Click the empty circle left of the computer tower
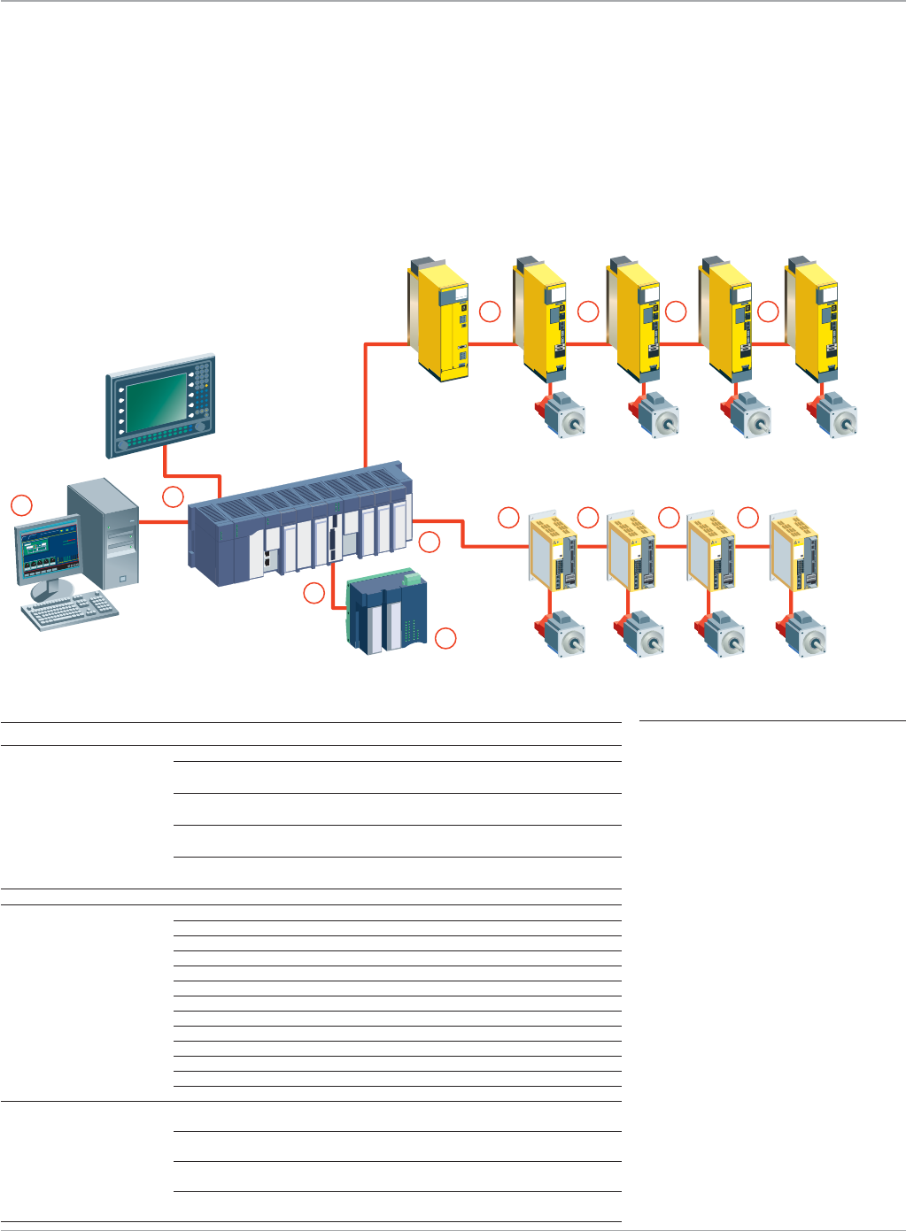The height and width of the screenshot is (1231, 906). pyautogui.click(x=21, y=505)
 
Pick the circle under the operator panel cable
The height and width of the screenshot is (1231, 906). pyautogui.click(x=173, y=497)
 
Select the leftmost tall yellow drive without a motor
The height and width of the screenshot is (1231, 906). pyautogui.click(x=440, y=319)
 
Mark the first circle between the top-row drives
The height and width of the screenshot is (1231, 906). pyautogui.click(x=490, y=312)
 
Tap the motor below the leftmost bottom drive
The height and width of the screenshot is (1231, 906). pyautogui.click(x=561, y=634)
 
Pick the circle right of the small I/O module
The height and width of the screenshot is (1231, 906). pyautogui.click(x=446, y=637)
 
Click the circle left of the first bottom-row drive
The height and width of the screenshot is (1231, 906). pyautogui.click(x=508, y=518)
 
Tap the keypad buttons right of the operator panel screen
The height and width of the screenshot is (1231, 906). pyautogui.click(x=203, y=394)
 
